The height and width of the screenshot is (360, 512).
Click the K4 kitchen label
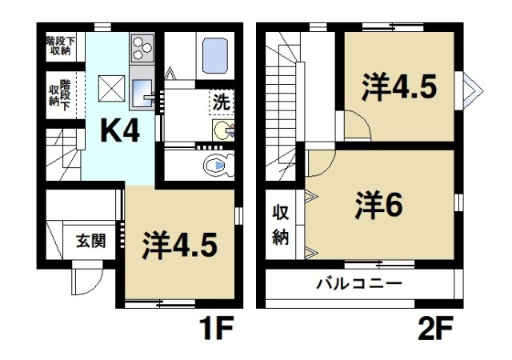click(x=119, y=130)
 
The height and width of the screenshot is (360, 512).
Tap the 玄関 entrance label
click(x=90, y=240)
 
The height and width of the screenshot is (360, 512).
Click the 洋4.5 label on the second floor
click(x=398, y=86)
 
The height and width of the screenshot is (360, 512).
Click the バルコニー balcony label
click(x=358, y=282)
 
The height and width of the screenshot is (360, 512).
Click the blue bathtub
click(x=217, y=54)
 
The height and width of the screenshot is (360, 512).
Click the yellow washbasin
click(x=222, y=130)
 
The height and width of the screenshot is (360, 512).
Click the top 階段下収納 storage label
click(x=59, y=45)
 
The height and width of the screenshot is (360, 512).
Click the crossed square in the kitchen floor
click(x=110, y=86)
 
